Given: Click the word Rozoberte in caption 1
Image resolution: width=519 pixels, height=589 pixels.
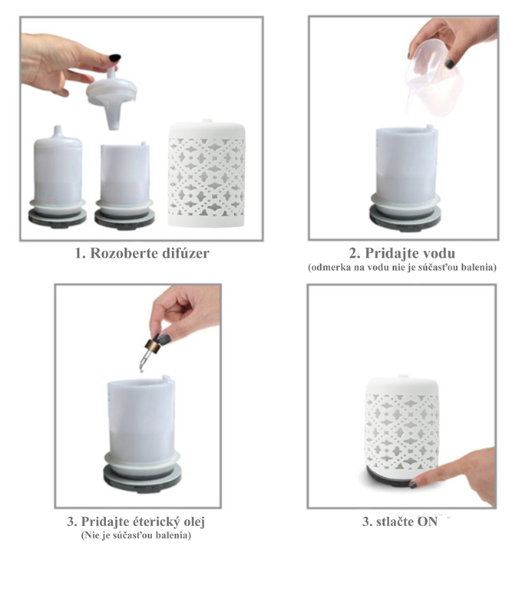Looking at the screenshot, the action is pos(124,254).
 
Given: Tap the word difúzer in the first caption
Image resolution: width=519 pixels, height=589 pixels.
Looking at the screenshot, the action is pos(185,254).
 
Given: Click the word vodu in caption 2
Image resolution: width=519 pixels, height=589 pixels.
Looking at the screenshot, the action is pos(437,254).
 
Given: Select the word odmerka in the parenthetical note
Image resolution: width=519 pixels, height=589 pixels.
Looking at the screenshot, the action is pos(326,268).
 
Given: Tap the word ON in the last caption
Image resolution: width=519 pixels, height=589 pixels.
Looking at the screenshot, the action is pos(427,522).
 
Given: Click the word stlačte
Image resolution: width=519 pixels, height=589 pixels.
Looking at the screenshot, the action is pos(394,522).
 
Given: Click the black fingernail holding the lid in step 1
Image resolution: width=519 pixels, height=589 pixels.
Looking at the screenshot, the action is pos(114,58).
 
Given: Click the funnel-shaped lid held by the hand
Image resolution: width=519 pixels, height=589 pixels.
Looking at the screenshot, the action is pos(111,97).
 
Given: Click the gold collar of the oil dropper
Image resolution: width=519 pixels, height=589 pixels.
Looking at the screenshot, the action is pos(152,346).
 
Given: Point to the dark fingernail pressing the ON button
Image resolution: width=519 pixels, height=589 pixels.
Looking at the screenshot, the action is pos(413,484).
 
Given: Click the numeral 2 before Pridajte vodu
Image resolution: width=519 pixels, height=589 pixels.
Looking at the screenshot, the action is pos(353,254).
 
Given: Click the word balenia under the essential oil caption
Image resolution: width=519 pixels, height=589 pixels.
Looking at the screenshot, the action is pos(174,535).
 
